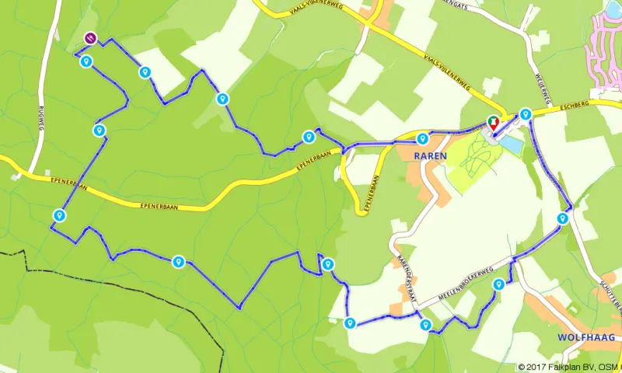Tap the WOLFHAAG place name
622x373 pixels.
tap(586, 337)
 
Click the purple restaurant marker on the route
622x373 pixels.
tap(90, 37)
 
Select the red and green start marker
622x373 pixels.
tap(492, 122)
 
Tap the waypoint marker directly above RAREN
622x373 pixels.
tap(422, 138)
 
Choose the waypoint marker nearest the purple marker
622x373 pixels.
tap(86, 61)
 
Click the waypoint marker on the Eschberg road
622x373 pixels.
tap(526, 114)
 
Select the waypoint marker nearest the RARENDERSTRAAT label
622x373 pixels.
tap(425, 325)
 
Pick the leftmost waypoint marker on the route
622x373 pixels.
tap(58, 214)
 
